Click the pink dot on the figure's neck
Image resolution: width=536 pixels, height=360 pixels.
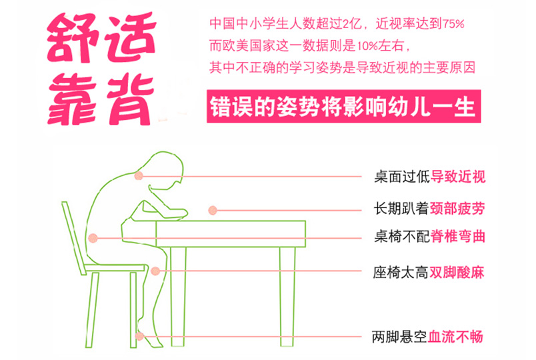[x=139, y=176]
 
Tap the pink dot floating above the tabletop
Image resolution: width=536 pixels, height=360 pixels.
[x=213, y=210]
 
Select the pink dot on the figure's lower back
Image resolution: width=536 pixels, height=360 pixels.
[x=93, y=238]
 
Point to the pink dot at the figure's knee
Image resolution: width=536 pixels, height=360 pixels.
[x=155, y=271]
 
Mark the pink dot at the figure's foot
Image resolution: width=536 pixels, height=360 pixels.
[x=139, y=336]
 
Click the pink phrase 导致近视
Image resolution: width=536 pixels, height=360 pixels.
[x=458, y=177]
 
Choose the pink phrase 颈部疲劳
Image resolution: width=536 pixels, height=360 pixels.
[x=457, y=208]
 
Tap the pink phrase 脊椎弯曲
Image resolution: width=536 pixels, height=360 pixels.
[x=458, y=236]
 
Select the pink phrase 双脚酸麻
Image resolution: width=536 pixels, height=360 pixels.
[x=457, y=273]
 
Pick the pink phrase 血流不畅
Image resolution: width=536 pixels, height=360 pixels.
[x=455, y=337]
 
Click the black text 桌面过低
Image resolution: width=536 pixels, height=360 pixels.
[x=403, y=177]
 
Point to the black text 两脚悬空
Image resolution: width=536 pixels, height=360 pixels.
[x=400, y=337]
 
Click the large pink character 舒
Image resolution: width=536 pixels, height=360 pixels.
[x=73, y=38]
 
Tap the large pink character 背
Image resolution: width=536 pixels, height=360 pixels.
[x=130, y=99]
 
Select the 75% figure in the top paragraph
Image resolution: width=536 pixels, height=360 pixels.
[x=453, y=24]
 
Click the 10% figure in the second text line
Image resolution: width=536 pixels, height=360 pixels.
[x=367, y=46]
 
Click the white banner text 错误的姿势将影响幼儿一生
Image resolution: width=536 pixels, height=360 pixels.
[x=343, y=107]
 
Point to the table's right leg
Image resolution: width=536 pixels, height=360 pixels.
[x=287, y=297]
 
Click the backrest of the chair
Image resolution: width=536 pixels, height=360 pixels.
[x=73, y=238]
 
